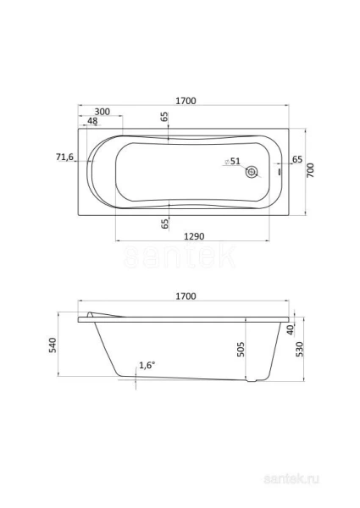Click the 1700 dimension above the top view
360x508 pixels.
coord(186,101)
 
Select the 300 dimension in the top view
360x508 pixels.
coord(102,112)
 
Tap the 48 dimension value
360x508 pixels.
coord(92,122)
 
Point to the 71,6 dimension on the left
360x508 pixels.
coord(65,157)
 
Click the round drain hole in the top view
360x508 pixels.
coord(252,172)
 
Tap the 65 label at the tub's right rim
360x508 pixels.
coord(297,159)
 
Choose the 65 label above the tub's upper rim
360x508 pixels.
coord(163,120)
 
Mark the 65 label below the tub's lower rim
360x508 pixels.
coord(164,223)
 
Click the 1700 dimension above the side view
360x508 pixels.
coord(186,295)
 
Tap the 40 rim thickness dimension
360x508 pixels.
coord(290,329)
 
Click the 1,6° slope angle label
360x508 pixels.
coord(147,365)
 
